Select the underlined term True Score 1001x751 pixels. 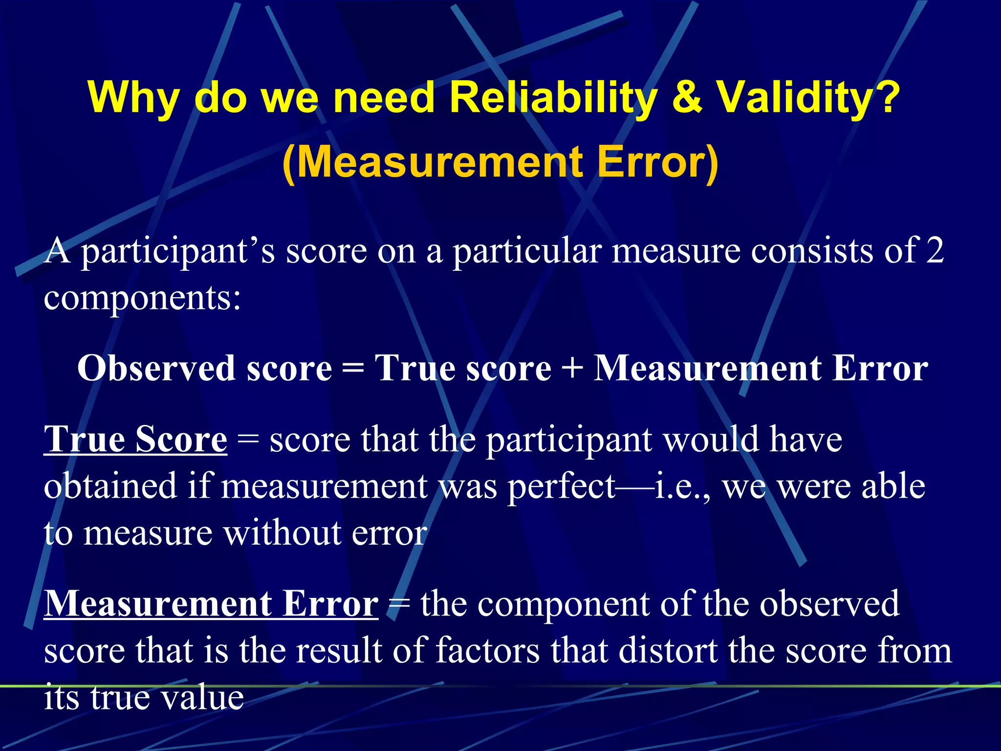(x=135, y=439)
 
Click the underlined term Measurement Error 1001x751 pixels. (x=211, y=603)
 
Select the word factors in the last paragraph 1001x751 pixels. (x=487, y=651)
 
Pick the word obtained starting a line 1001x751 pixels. (x=110, y=486)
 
